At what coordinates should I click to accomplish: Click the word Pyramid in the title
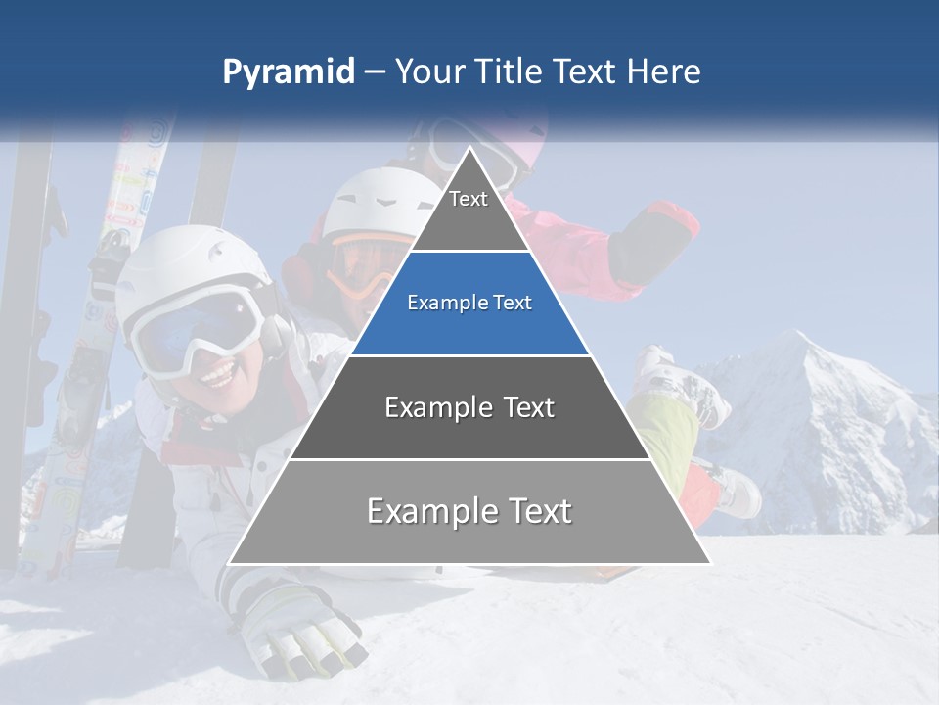pos(289,72)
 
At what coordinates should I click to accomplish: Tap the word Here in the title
pos(663,72)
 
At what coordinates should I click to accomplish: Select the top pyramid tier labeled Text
pos(469,206)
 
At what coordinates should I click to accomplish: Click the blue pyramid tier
pos(469,304)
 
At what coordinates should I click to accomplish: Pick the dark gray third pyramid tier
pos(469,407)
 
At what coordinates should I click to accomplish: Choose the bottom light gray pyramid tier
pos(469,511)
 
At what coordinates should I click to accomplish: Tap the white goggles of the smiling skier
pos(196,328)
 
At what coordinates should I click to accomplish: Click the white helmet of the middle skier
pos(377,201)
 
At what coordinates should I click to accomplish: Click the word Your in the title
pos(430,72)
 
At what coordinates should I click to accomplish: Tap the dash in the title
pos(375,72)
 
